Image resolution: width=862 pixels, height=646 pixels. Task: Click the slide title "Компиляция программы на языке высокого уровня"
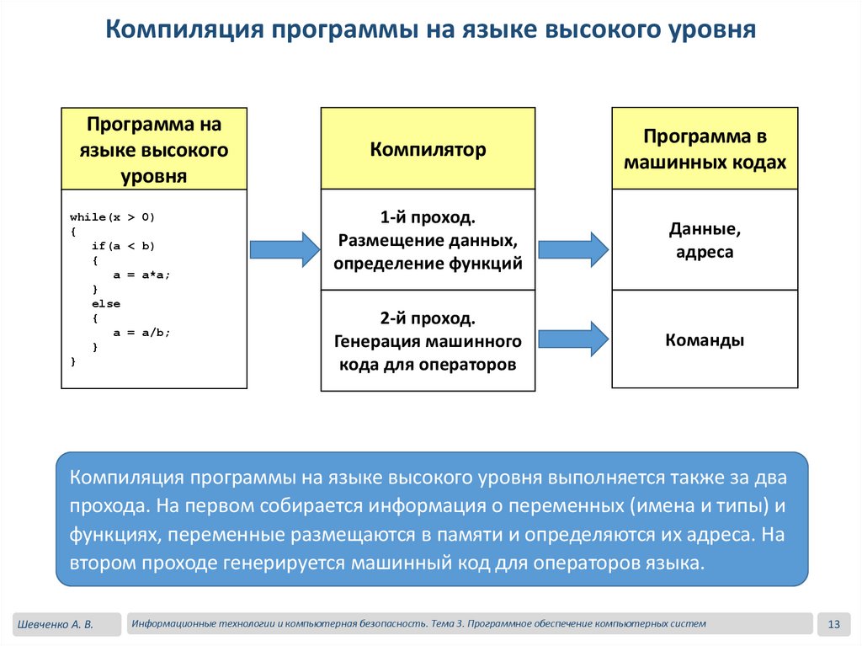430,30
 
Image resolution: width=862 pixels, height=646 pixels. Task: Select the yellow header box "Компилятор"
428,149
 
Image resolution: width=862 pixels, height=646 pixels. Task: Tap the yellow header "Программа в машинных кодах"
705,149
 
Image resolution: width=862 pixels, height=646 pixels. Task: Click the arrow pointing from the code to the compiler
285,249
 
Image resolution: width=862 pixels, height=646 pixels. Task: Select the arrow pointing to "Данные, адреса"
572,249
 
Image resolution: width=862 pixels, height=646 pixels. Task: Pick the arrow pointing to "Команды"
572,339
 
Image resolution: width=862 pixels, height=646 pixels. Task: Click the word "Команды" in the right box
705,340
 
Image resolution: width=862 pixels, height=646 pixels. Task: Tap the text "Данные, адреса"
705,240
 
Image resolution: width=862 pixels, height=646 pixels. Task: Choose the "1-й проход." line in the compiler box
428,217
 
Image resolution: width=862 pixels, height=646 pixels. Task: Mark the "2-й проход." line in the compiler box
428,319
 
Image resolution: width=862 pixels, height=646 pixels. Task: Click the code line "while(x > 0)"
113,217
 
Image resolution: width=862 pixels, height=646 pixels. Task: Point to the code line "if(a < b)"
124,246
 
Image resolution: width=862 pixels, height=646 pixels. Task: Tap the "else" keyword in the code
106,303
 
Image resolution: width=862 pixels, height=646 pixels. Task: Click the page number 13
835,624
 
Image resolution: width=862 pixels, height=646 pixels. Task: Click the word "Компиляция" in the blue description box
126,478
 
